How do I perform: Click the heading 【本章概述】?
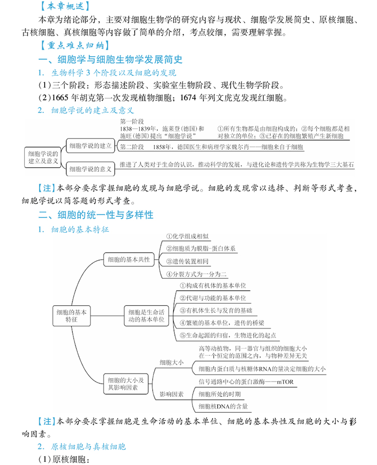click(x=64, y=7)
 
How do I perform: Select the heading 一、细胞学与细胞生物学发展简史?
click(x=110, y=60)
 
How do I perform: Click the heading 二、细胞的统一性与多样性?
click(x=96, y=215)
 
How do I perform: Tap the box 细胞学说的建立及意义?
click(x=44, y=157)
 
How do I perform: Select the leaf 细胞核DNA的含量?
click(x=223, y=406)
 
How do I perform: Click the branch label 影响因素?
click(x=171, y=393)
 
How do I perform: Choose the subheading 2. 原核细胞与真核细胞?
click(x=81, y=446)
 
